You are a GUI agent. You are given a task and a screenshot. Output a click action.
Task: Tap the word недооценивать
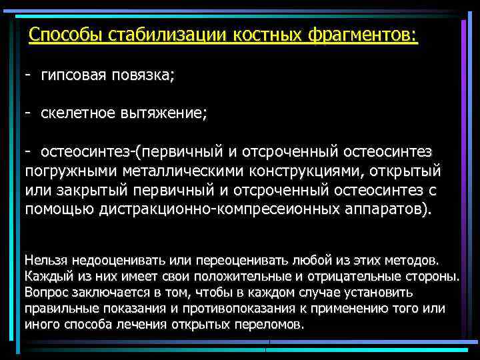[117, 259]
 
